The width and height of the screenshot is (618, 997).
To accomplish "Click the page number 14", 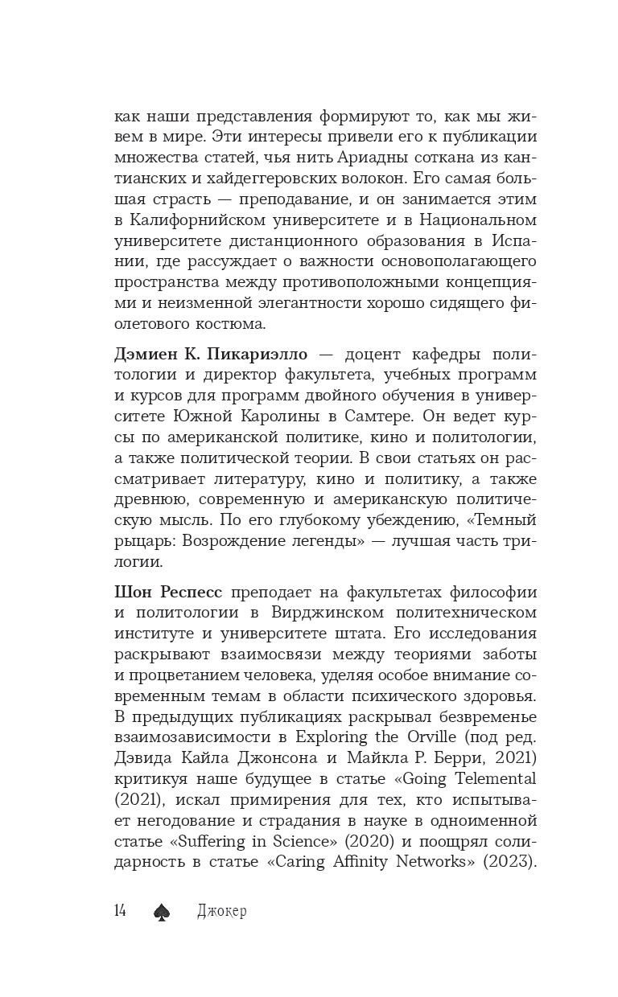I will pyautogui.click(x=121, y=911).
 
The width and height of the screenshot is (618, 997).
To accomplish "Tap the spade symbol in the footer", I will pyautogui.click(x=161, y=911).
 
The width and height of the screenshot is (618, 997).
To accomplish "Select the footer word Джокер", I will pyautogui.click(x=221, y=911).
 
